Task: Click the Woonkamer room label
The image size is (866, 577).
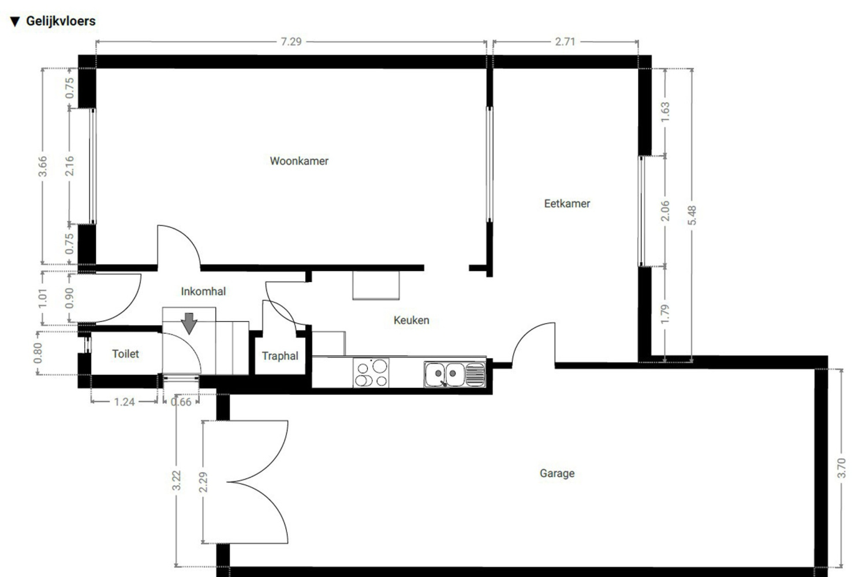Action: click(299, 161)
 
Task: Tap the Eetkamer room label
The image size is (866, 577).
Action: click(567, 204)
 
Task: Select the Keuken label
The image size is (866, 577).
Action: click(411, 320)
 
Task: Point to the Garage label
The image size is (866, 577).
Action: click(557, 474)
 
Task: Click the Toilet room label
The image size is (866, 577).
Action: click(125, 354)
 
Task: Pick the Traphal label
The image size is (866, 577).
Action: click(280, 356)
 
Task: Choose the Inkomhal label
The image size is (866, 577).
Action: click(203, 291)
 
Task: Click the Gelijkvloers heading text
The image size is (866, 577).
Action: click(61, 21)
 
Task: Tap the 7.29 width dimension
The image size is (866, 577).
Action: click(291, 42)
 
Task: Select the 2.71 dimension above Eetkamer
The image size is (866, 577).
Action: click(565, 42)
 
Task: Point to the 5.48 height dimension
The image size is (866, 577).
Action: click(692, 215)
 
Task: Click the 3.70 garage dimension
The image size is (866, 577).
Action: click(841, 467)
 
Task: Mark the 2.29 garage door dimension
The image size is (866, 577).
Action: click(203, 482)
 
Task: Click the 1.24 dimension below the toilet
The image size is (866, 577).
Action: click(124, 402)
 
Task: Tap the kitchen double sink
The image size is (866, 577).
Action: click(454, 374)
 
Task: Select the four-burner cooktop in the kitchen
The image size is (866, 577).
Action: click(371, 373)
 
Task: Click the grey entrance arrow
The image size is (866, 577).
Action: click(189, 323)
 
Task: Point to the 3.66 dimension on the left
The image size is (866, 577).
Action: click(42, 167)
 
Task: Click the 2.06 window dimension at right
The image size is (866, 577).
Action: click(665, 211)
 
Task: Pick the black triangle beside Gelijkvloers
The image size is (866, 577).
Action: click(15, 22)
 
